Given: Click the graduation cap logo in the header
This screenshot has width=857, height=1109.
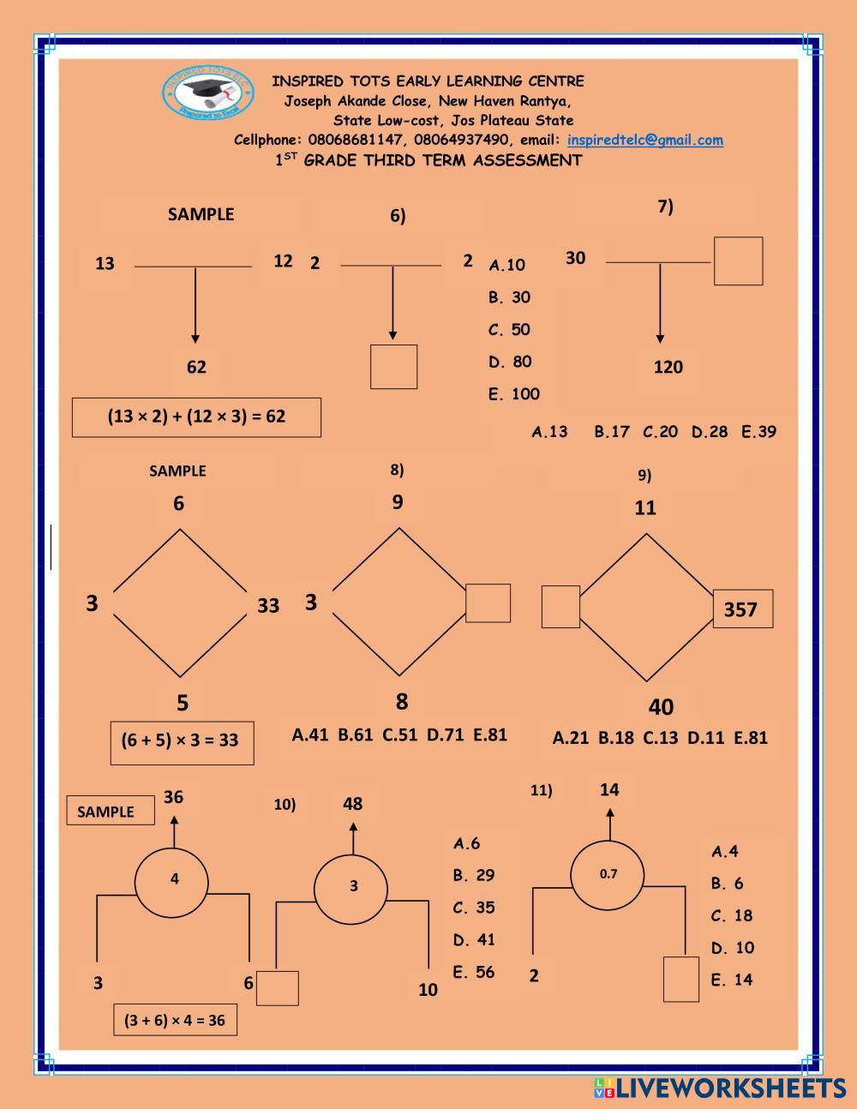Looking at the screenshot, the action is pyautogui.click(x=208, y=93).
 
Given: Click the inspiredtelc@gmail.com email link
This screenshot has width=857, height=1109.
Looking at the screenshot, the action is pyautogui.click(x=645, y=140).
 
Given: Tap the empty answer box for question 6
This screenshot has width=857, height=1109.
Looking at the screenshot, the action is pyautogui.click(x=393, y=367).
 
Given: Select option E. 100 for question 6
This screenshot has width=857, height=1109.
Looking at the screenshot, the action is pyautogui.click(x=513, y=393).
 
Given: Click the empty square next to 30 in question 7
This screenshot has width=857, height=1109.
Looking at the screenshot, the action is pyautogui.click(x=738, y=261).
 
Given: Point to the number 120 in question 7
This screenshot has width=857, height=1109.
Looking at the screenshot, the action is pyautogui.click(x=668, y=367).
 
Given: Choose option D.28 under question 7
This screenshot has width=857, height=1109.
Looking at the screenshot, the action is pyautogui.click(x=709, y=431).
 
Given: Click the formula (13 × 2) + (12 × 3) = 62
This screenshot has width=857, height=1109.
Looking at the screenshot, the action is pyautogui.click(x=196, y=417).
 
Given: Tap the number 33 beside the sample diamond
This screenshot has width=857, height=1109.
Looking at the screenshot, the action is pyautogui.click(x=268, y=605).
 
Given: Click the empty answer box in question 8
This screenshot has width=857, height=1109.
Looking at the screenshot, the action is pyautogui.click(x=488, y=602).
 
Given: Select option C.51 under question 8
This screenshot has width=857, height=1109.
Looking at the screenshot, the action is pyautogui.click(x=400, y=734).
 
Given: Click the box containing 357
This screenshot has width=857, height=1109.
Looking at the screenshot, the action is pyautogui.click(x=743, y=608).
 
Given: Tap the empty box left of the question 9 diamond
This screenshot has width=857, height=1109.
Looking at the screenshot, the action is pyautogui.click(x=560, y=606).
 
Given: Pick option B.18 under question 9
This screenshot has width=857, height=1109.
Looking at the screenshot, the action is pyautogui.click(x=615, y=737).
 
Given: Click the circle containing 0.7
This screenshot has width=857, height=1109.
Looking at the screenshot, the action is pyautogui.click(x=607, y=875).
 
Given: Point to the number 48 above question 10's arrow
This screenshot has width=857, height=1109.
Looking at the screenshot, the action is pyautogui.click(x=352, y=804).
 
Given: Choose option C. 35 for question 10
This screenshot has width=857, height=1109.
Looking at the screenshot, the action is pyautogui.click(x=474, y=907).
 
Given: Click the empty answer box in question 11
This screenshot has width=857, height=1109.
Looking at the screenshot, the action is pyautogui.click(x=681, y=980).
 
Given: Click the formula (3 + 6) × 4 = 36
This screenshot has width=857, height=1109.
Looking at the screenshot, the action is pyautogui.click(x=175, y=1020).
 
